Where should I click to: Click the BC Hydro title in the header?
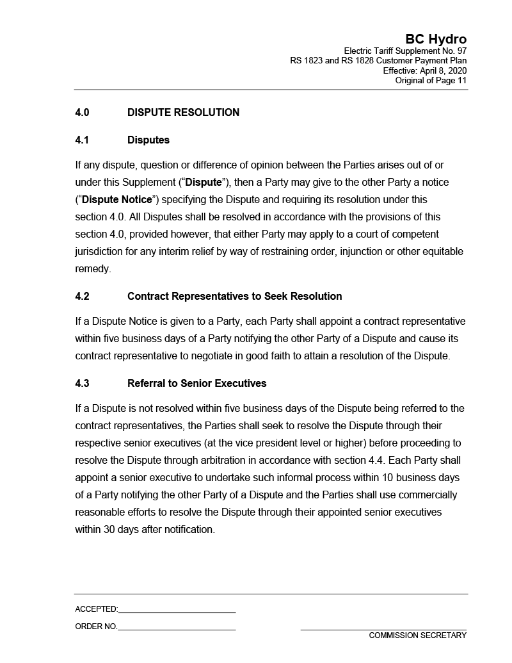[x=436, y=39]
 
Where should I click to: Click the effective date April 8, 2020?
[x=442, y=70]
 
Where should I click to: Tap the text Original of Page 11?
[x=431, y=80]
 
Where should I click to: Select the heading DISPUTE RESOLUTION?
[x=183, y=113]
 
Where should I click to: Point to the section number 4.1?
[x=82, y=140]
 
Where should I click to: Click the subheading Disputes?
[x=148, y=140]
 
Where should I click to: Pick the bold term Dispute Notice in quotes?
[x=117, y=199]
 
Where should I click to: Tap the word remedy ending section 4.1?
[x=92, y=268]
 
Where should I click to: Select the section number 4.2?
[x=82, y=296]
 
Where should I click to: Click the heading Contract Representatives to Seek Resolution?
[x=234, y=296]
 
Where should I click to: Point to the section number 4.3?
[x=82, y=383]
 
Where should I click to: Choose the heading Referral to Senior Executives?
[x=196, y=383]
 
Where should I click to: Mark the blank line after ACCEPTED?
[x=177, y=609]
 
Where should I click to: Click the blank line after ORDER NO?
[x=177, y=626]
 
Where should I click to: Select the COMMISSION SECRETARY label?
[x=417, y=635]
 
